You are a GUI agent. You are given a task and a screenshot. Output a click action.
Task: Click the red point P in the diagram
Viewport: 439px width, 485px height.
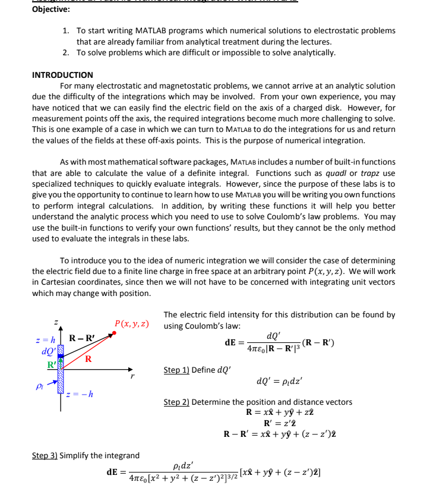click(x=114, y=333)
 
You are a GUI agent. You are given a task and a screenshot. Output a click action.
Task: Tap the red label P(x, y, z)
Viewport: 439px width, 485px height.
click(x=131, y=324)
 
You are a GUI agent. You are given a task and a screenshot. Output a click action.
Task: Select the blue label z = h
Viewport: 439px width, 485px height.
click(x=46, y=339)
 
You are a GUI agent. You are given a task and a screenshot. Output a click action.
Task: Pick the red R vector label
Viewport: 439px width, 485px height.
click(x=88, y=358)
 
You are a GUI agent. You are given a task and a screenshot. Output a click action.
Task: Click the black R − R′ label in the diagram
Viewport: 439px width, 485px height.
click(x=81, y=339)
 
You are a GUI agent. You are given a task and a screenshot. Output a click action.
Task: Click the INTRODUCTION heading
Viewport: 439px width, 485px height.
click(x=62, y=75)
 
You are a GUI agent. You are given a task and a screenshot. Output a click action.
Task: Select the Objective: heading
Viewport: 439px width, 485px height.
click(x=50, y=9)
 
